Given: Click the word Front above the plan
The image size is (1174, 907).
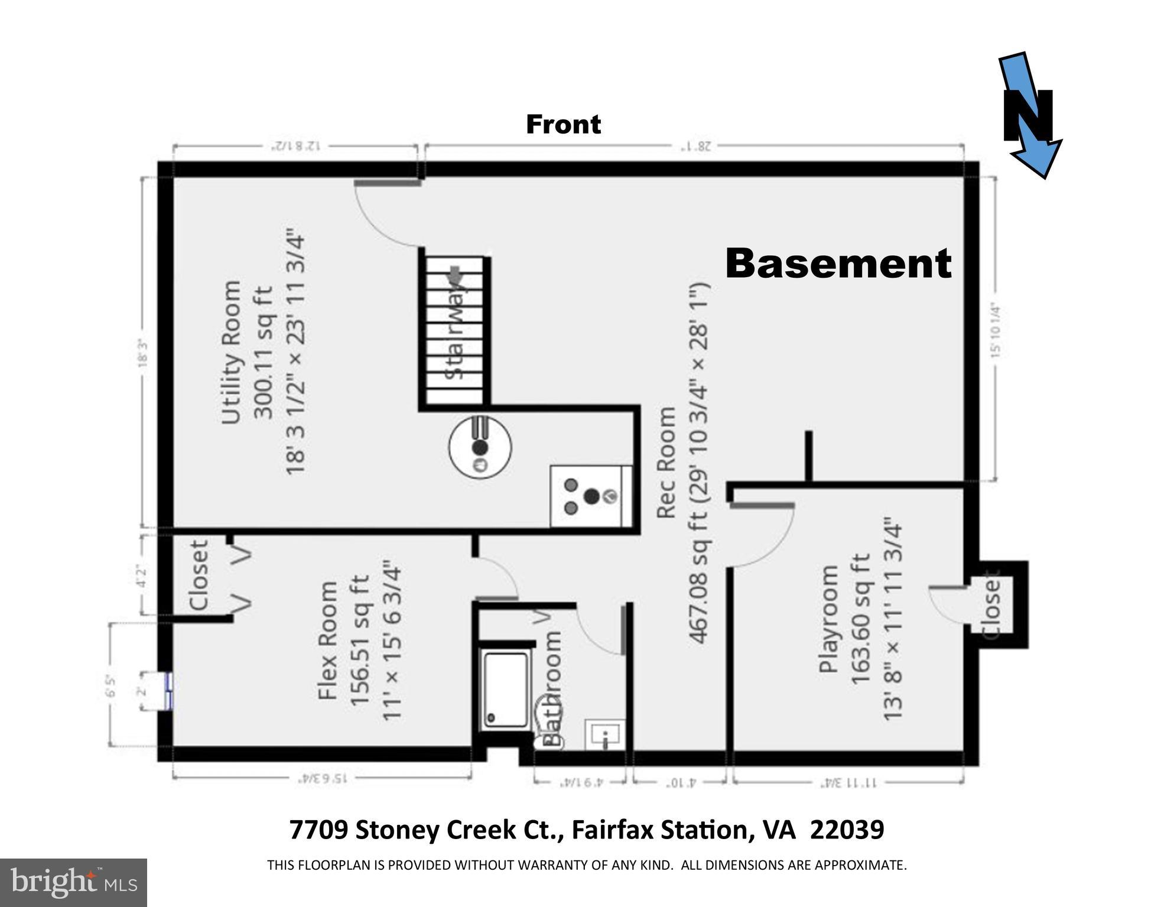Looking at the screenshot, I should tap(563, 125).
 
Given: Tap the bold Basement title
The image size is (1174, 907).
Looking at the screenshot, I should tap(838, 264).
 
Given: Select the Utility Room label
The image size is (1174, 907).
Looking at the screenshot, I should tap(231, 352).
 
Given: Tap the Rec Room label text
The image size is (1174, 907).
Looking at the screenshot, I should tap(666, 462).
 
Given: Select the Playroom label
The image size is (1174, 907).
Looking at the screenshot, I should tap(829, 619).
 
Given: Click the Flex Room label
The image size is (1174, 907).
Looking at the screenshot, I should tap(328, 641).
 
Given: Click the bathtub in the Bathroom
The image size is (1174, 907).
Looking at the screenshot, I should tap(506, 690).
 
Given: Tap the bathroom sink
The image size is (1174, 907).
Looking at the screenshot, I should tap(604, 734).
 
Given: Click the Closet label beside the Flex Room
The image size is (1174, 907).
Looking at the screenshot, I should tap(199, 575).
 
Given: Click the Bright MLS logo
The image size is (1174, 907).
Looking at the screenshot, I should tap(73, 883).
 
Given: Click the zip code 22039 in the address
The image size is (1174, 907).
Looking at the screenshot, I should tap(846, 830).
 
